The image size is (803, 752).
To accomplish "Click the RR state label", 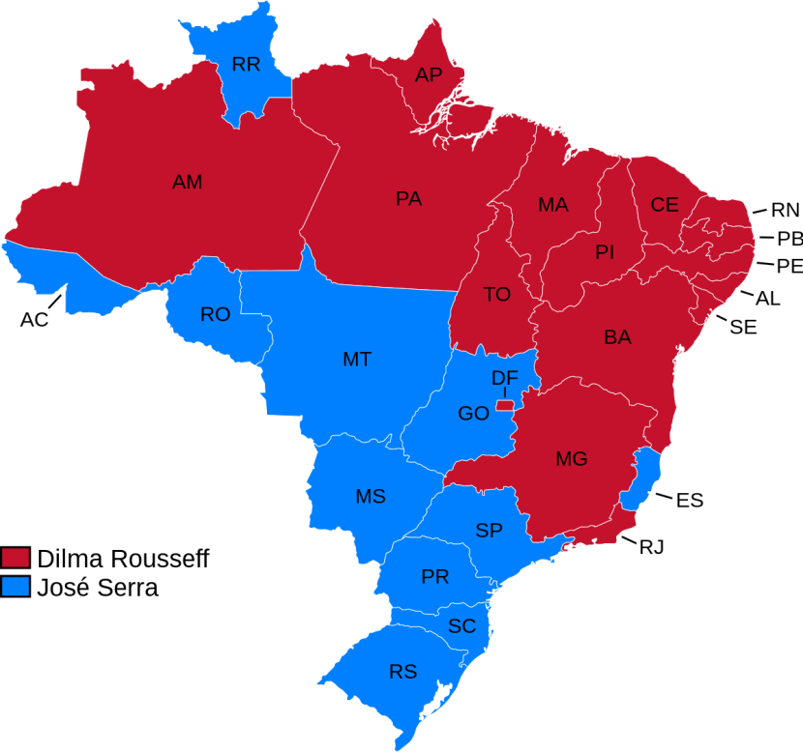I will coord(246,66).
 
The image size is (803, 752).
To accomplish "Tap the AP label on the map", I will coord(429,75).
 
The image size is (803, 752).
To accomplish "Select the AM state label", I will coord(187,182).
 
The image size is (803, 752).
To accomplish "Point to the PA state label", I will coord(408,199).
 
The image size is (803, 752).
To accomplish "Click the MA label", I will coord(553,206).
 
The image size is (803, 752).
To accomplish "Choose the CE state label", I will coord(665,205).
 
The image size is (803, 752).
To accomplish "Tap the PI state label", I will coord(605,252).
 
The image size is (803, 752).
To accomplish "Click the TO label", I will coord(497,295).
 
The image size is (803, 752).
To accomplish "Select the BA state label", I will coord(617,337).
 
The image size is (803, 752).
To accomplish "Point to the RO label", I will coord(215,315).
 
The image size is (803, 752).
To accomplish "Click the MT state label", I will coord(357,360).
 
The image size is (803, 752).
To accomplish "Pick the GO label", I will coord(473,414).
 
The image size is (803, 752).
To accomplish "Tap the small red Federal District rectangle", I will coord(504,405).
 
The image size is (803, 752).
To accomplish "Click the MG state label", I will coord(571,459).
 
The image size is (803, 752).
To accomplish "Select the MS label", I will coord(371,497).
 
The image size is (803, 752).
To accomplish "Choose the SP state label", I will coord(489,531).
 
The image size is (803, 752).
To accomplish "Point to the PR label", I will coord(434,577).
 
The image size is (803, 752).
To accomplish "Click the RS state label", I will coord(402,672).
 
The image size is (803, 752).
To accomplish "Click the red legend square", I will coord(15,558).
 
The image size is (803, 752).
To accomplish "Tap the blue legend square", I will coord(15,586).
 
